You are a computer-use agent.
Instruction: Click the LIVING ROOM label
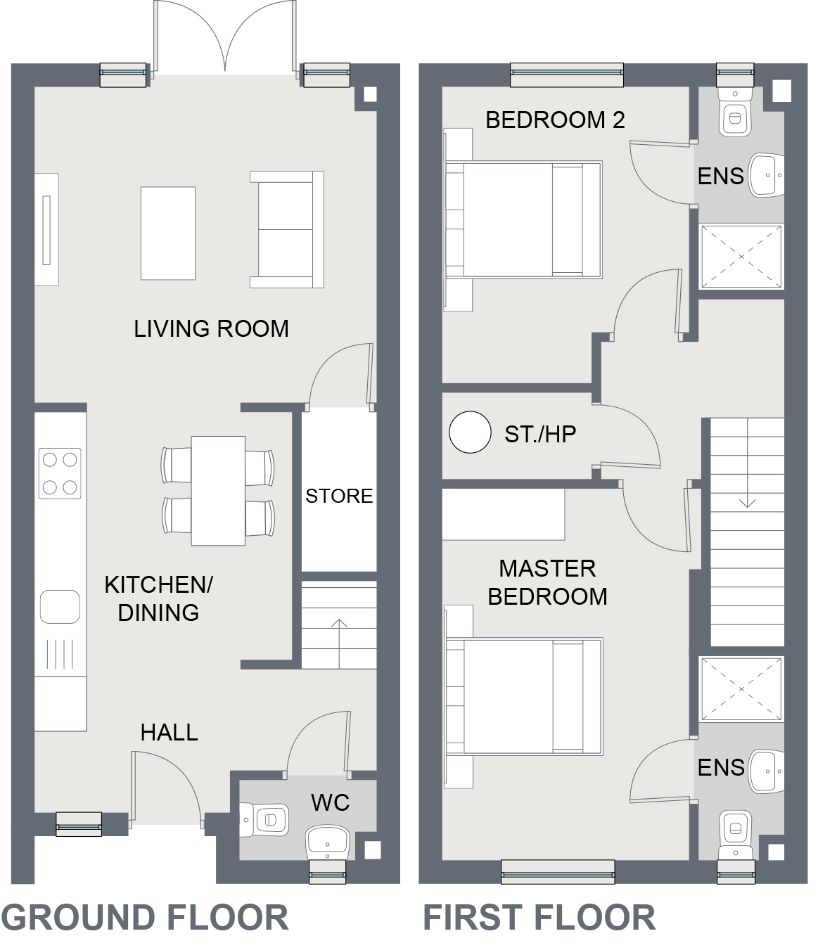point(211,329)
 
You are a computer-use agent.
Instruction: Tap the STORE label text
point(339,496)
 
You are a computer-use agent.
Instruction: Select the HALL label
point(169,733)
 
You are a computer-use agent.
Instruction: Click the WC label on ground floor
point(330,802)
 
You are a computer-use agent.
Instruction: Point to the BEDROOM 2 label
point(555,120)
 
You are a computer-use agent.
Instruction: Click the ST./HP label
point(540,435)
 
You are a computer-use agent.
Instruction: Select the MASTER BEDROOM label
point(547,582)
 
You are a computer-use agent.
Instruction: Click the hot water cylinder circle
point(470,432)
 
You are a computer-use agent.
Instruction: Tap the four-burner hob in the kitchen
point(60,473)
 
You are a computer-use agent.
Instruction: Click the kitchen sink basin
point(60,606)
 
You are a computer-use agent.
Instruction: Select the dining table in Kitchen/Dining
point(218,490)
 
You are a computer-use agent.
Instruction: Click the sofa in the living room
point(286,229)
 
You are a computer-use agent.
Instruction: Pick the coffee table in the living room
point(168,233)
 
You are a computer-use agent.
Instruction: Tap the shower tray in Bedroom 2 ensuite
point(741,257)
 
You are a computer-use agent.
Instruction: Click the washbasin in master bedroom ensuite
point(766,770)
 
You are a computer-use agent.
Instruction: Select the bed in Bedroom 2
point(524,219)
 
